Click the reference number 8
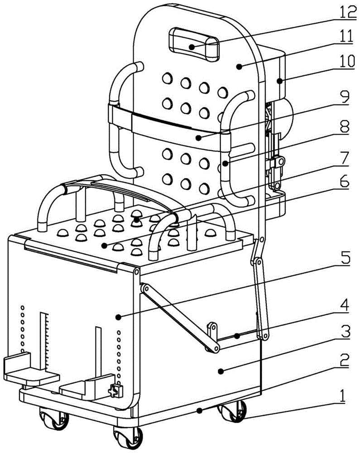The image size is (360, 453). pos(345,128)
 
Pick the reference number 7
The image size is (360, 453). pos(345,157)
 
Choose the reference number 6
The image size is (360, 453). pos(345,183)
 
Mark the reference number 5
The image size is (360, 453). pos(345,260)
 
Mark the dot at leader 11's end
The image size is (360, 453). pos(237,67)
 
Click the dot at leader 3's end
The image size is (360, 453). pos(220,371)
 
